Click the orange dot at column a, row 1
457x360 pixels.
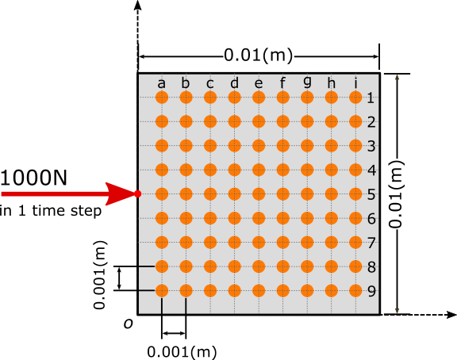click(162, 98)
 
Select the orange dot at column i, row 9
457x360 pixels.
click(355, 290)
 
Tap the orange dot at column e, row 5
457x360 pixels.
click(259, 193)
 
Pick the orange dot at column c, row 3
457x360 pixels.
click(210, 146)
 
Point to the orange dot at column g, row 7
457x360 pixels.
click(307, 242)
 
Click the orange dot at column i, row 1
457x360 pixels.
click(355, 98)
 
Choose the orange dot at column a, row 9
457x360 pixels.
click(162, 290)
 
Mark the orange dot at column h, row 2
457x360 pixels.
click(332, 121)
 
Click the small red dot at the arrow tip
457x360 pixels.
click(137, 193)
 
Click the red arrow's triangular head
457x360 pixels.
click(121, 193)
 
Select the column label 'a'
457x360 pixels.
click(162, 83)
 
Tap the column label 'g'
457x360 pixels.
click(307, 83)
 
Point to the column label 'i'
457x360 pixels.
click(355, 83)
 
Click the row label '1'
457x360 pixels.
click(371, 98)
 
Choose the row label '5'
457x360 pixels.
click(371, 194)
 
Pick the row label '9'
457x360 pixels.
click(371, 291)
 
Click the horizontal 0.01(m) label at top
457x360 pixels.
click(259, 56)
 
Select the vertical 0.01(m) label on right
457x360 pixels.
click(397, 193)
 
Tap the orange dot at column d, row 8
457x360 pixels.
click(235, 266)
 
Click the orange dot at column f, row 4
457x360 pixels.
click(283, 170)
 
